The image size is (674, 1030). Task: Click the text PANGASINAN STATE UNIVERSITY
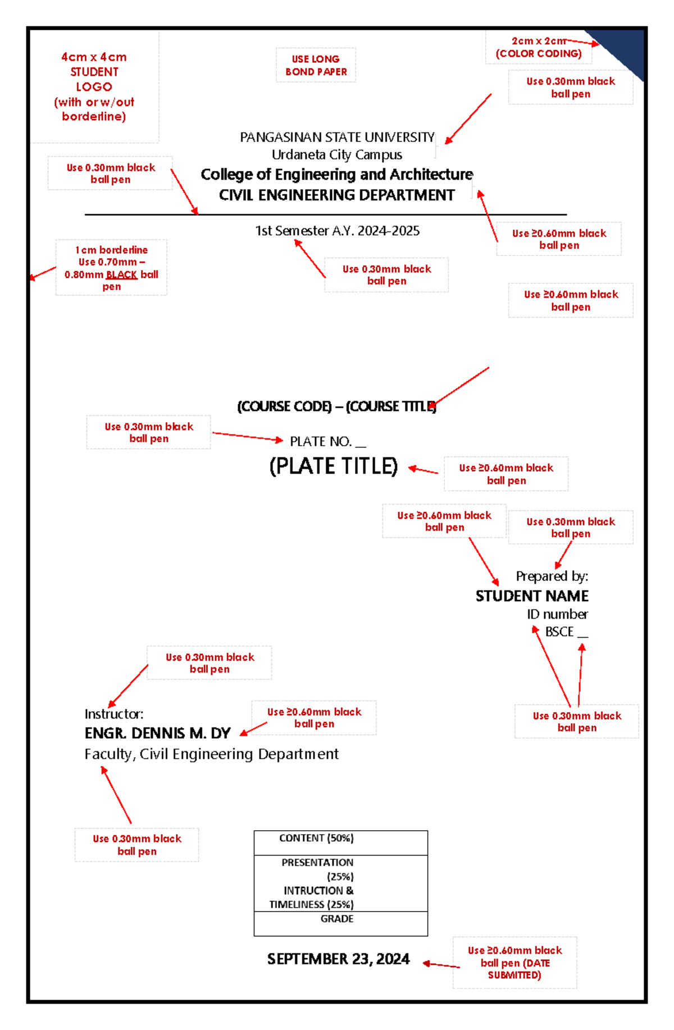coord(337,138)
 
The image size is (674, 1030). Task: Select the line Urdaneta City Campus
coord(337,154)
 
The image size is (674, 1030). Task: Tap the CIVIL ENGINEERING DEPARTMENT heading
coord(337,195)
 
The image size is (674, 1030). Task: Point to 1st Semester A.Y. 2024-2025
coord(337,231)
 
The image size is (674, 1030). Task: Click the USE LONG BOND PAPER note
coord(316,65)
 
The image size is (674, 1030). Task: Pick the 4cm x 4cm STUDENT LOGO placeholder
coord(94,86)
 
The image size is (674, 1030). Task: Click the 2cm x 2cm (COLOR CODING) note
coord(539,47)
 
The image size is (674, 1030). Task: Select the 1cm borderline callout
coord(111,268)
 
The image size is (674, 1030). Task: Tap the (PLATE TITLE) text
coord(334,466)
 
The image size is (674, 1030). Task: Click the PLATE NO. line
coord(328,442)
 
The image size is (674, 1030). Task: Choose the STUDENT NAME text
coord(532,596)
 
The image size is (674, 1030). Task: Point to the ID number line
coord(557,614)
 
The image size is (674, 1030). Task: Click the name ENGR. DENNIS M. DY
coord(158,733)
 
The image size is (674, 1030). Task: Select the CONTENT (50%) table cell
coord(341,843)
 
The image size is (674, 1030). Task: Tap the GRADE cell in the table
coord(341,923)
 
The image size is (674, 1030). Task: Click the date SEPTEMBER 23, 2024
coord(338,959)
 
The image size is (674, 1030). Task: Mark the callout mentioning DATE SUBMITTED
coord(515,963)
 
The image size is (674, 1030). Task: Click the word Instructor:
coord(114,714)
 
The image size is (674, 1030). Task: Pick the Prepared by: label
coord(552,576)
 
